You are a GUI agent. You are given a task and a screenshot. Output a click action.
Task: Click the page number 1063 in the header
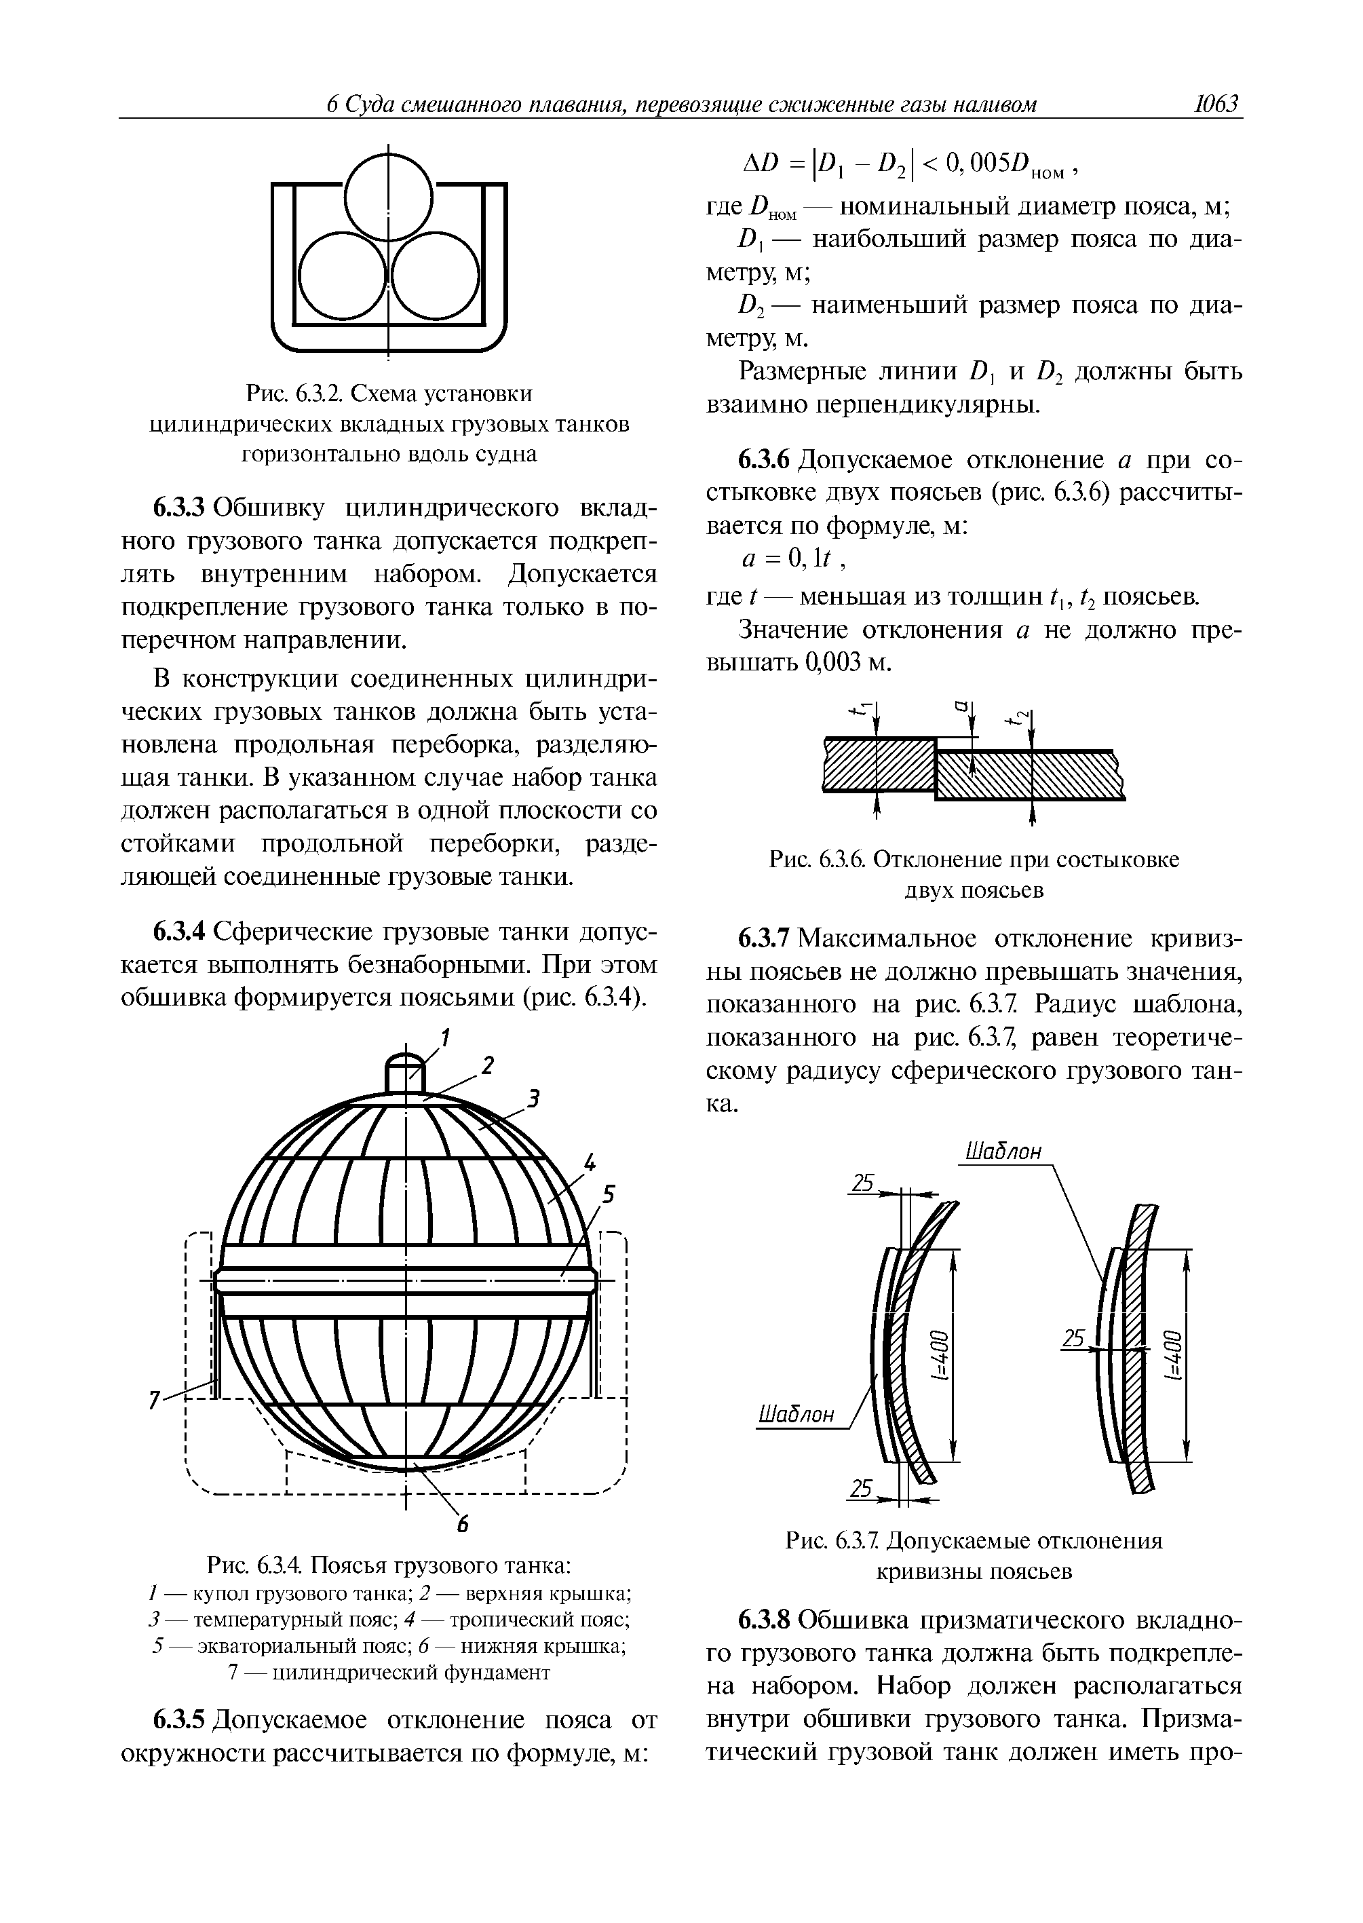[x=1216, y=104]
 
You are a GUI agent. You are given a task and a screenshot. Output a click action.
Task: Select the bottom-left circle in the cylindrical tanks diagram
[x=341, y=277]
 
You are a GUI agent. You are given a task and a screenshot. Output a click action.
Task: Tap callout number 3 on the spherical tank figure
[x=532, y=1097]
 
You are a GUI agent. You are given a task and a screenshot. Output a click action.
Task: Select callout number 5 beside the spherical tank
[x=609, y=1194]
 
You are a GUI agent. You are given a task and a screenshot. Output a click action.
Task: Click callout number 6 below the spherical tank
[x=461, y=1526]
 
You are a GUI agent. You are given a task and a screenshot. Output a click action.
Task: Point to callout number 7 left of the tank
[x=153, y=1399]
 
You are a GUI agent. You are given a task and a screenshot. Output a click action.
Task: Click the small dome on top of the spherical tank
[x=406, y=1073]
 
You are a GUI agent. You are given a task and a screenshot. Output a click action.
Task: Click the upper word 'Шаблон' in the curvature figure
[x=1004, y=1151]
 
